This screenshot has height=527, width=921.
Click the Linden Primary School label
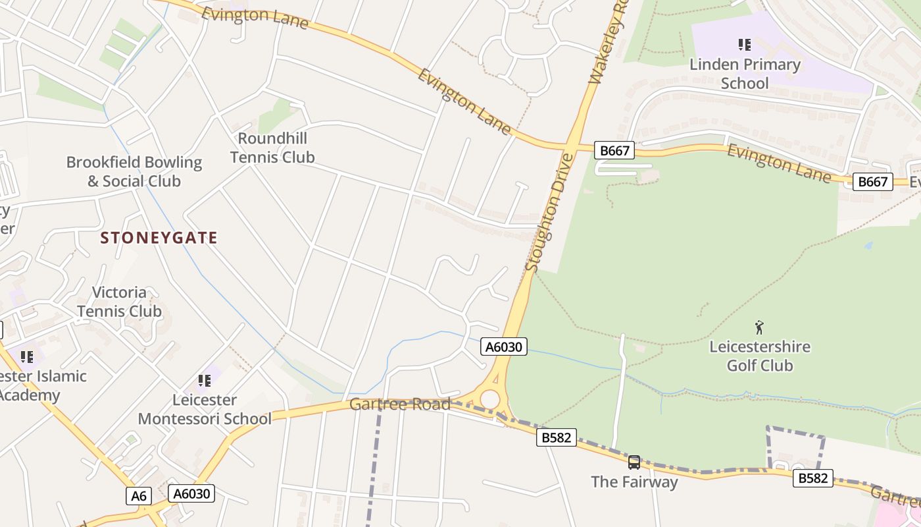[x=745, y=74]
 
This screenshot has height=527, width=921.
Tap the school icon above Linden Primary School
[x=745, y=45]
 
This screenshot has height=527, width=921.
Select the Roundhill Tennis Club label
[x=272, y=148]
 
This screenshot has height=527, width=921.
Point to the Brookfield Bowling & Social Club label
[x=134, y=171]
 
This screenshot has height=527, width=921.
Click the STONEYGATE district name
[x=159, y=238]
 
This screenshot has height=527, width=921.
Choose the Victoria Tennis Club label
[x=119, y=302]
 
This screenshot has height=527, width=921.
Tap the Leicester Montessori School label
[x=204, y=409]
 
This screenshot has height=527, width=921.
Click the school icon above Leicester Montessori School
[x=205, y=380]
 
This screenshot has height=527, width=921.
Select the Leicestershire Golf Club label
[x=760, y=356]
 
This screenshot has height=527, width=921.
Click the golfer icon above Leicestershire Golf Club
[x=760, y=327]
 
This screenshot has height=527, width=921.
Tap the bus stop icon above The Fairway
[x=634, y=462]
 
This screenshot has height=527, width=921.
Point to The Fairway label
[x=634, y=482]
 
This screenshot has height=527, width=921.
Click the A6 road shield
[x=139, y=495]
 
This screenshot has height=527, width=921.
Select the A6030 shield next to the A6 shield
[x=191, y=493]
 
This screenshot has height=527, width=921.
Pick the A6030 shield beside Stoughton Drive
[x=504, y=347]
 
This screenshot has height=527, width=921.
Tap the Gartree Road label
[x=400, y=404]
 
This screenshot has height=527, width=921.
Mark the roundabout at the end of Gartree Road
[x=490, y=399]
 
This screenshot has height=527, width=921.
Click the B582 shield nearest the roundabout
[x=557, y=437]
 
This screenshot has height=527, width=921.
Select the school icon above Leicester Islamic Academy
[x=27, y=357]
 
